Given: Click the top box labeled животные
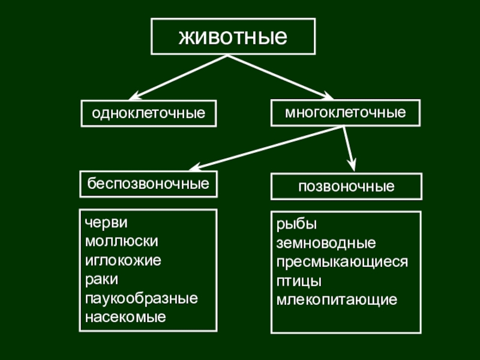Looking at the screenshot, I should (233, 37).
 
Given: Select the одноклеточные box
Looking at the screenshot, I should (149, 113).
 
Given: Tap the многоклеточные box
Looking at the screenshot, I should (345, 112).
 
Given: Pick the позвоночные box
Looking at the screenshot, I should (347, 186).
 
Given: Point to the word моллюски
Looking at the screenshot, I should (122, 241).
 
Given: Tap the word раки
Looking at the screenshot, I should (101, 279).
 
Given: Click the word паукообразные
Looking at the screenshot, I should (142, 298).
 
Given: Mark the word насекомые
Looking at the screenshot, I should (125, 316).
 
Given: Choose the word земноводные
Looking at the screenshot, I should (326, 243).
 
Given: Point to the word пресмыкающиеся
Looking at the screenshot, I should (342, 262).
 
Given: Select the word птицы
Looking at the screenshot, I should (299, 280).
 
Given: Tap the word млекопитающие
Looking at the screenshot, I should (337, 299).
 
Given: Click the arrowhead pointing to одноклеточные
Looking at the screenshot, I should (135, 96).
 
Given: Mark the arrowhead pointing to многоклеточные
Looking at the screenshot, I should (326, 95).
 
